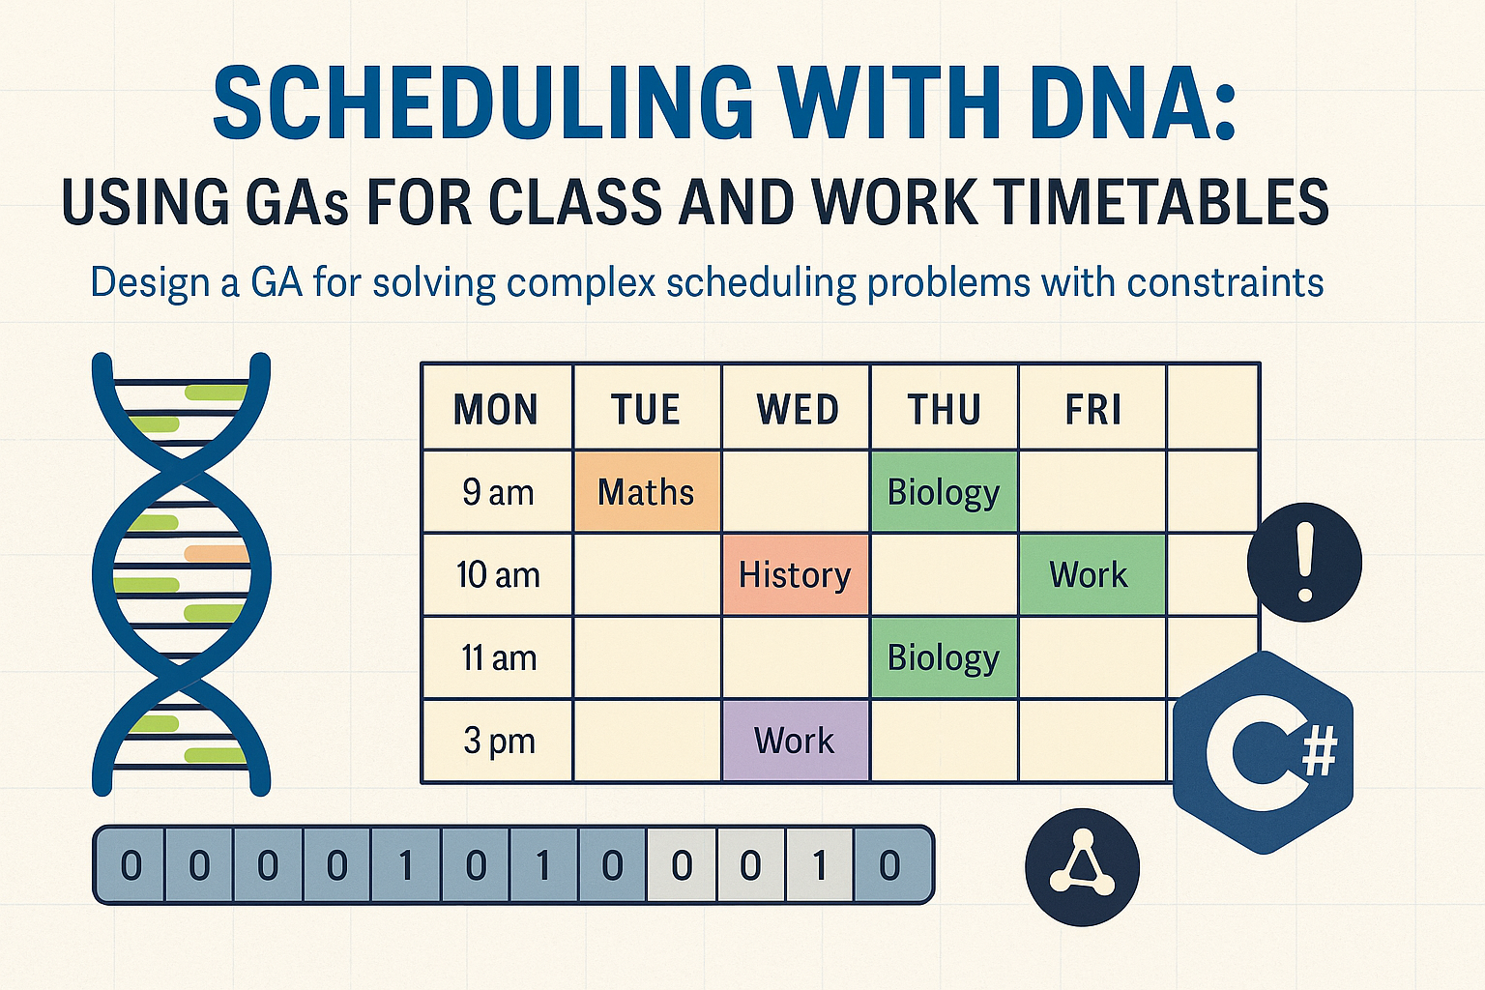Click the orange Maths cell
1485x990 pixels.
pos(647,492)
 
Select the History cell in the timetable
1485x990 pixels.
pos(796,575)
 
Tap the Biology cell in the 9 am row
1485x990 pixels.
pos(944,492)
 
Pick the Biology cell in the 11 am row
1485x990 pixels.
pos(944,657)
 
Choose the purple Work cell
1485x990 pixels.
pos(796,741)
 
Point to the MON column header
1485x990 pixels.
pos(496,409)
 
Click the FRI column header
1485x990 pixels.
pos(1093,409)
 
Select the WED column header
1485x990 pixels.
pos(798,409)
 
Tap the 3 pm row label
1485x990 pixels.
pos(499,741)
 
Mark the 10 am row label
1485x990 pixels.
pos(498,575)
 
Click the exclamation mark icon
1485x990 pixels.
pos(1304,562)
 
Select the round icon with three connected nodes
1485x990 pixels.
pos(1082,867)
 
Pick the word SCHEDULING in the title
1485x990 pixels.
pos(482,102)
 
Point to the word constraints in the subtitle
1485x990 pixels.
pos(1224,283)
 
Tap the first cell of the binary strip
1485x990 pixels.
pos(131,865)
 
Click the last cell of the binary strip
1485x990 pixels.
pos(890,865)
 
